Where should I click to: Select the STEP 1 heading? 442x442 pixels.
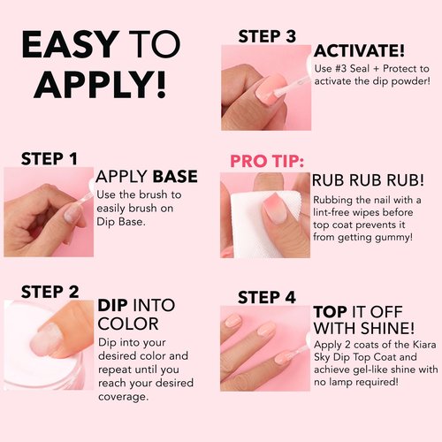(x=50, y=159)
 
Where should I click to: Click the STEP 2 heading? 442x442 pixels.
(x=50, y=291)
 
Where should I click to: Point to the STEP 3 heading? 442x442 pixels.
(x=267, y=36)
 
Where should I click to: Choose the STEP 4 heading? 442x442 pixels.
(x=267, y=296)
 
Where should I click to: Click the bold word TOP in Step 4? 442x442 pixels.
(x=331, y=312)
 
